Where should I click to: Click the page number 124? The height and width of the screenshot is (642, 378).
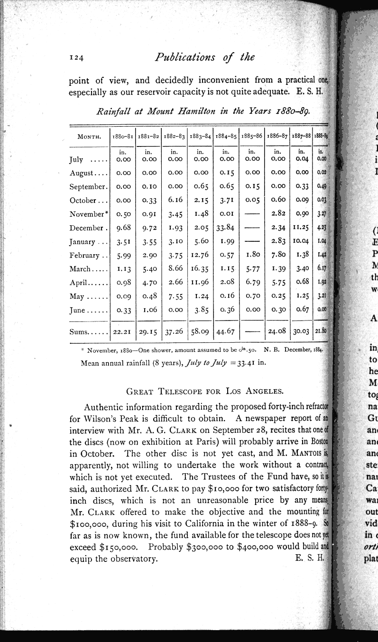pos(76,58)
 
